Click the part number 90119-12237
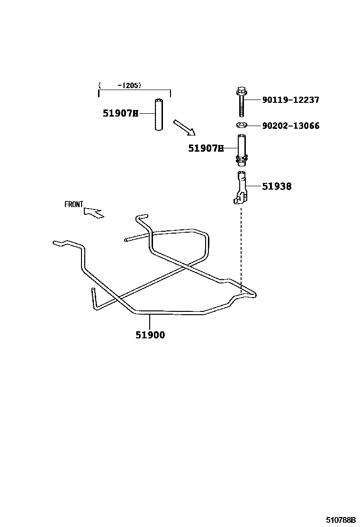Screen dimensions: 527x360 pos(290,100)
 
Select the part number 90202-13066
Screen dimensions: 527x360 pos(290,126)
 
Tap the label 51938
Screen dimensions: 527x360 pos(277,187)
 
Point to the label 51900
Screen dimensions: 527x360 pos(150,335)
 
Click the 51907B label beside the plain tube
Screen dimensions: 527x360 pos(120,113)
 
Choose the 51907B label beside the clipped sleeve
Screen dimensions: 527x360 pos(206,148)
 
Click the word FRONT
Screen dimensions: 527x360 pos(74,205)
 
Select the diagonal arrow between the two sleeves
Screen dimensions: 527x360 pos(184,127)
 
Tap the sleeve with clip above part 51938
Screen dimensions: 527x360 pos(241,149)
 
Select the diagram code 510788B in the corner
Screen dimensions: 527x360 pos(340,520)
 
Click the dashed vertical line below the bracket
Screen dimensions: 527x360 pos(241,246)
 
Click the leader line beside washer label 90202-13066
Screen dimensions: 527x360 pos(254,126)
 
